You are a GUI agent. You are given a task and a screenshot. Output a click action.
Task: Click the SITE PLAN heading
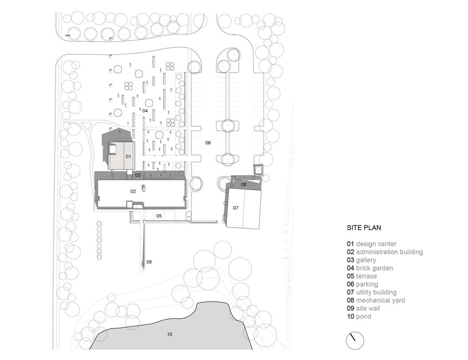click(x=364, y=228)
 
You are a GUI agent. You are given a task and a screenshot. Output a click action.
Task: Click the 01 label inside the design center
click(x=128, y=156)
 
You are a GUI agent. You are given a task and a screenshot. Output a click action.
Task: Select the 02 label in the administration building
click(x=133, y=191)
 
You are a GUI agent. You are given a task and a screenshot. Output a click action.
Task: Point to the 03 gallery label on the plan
click(x=138, y=175)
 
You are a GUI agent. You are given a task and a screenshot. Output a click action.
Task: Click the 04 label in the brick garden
click(x=145, y=111)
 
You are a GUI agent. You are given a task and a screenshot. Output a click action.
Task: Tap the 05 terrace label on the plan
click(x=159, y=216)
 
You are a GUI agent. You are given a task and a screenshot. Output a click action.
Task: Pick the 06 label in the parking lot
click(x=208, y=143)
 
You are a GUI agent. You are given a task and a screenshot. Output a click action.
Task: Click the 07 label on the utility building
click(x=235, y=208)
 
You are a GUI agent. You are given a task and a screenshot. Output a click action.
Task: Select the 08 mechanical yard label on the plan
click(x=243, y=184)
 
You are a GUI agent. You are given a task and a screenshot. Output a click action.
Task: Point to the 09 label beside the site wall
click(x=149, y=262)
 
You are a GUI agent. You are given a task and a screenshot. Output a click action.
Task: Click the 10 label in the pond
click(x=169, y=334)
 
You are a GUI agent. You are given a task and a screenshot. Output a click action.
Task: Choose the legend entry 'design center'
click(x=376, y=244)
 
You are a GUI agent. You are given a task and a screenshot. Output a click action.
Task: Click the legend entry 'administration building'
click(x=389, y=252)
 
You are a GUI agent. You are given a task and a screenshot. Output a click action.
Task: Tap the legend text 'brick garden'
click(x=374, y=268)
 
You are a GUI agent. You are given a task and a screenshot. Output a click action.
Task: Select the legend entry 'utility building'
click(x=376, y=292)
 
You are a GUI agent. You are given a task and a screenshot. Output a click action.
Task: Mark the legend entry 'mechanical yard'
click(x=380, y=300)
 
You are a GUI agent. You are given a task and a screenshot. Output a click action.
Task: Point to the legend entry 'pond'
click(x=364, y=316)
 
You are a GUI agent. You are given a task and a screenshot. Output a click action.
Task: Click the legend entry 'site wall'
click(x=368, y=309)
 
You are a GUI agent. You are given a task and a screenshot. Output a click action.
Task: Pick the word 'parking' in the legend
click(x=367, y=284)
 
